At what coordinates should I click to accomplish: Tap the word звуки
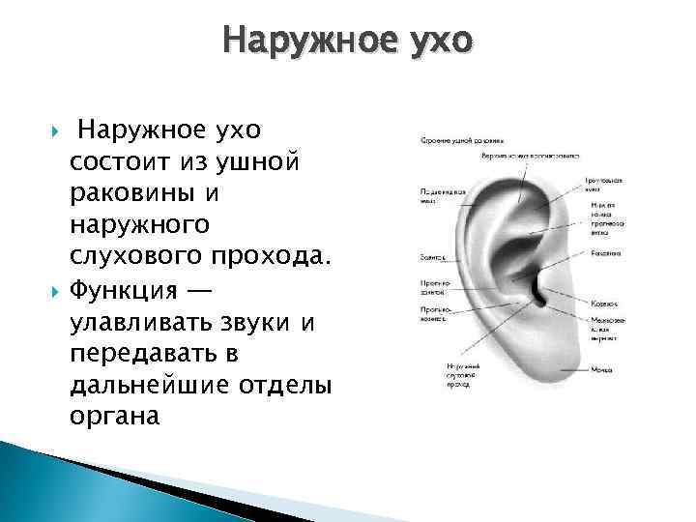(259, 320)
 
